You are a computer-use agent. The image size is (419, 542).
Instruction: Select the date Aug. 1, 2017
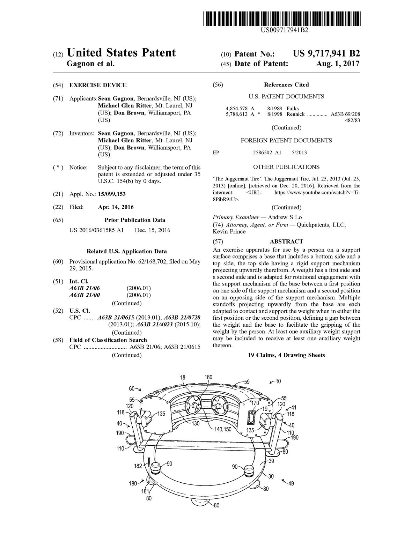click(337, 64)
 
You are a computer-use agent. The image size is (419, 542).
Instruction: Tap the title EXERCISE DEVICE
click(98, 85)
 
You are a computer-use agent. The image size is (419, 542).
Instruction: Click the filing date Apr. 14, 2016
click(116, 207)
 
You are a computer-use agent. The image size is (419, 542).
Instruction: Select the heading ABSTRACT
click(286, 242)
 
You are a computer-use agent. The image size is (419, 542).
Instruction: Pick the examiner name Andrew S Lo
click(285, 217)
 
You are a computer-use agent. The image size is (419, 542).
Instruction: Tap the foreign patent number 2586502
click(262, 153)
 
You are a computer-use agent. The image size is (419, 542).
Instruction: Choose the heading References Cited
click(286, 85)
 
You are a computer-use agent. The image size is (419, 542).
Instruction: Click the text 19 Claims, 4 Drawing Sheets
click(286, 355)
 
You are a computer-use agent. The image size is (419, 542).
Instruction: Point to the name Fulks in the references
click(293, 109)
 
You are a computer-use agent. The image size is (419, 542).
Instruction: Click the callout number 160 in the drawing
click(208, 377)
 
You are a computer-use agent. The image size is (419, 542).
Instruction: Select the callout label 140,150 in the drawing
click(223, 429)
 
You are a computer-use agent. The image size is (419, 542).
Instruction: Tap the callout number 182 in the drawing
click(138, 466)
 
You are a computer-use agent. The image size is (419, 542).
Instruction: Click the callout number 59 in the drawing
click(247, 382)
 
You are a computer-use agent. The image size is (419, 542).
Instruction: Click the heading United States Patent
click(121, 53)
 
